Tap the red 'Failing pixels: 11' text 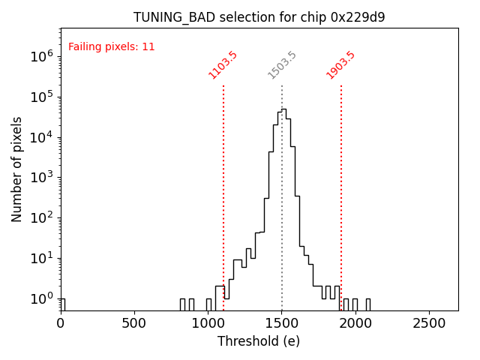coord(112,46)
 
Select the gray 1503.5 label coord(282,65)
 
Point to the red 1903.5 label coord(340,65)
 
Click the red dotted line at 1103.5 coord(223,187)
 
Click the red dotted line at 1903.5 coord(341,187)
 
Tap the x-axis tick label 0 coord(61,323)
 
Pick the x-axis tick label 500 coord(134,323)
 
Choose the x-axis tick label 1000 coord(208,323)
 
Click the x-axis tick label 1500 coord(282,323)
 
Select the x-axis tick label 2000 coord(355,323)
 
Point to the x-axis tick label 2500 coord(429,323)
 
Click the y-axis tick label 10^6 coord(40,56)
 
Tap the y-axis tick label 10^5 coord(40,97)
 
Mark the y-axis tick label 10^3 coord(40,178)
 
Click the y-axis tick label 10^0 coord(40,299)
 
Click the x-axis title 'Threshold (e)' coord(259,341)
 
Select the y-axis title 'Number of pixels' coord(17,169)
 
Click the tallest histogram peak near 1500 coord(283,109)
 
